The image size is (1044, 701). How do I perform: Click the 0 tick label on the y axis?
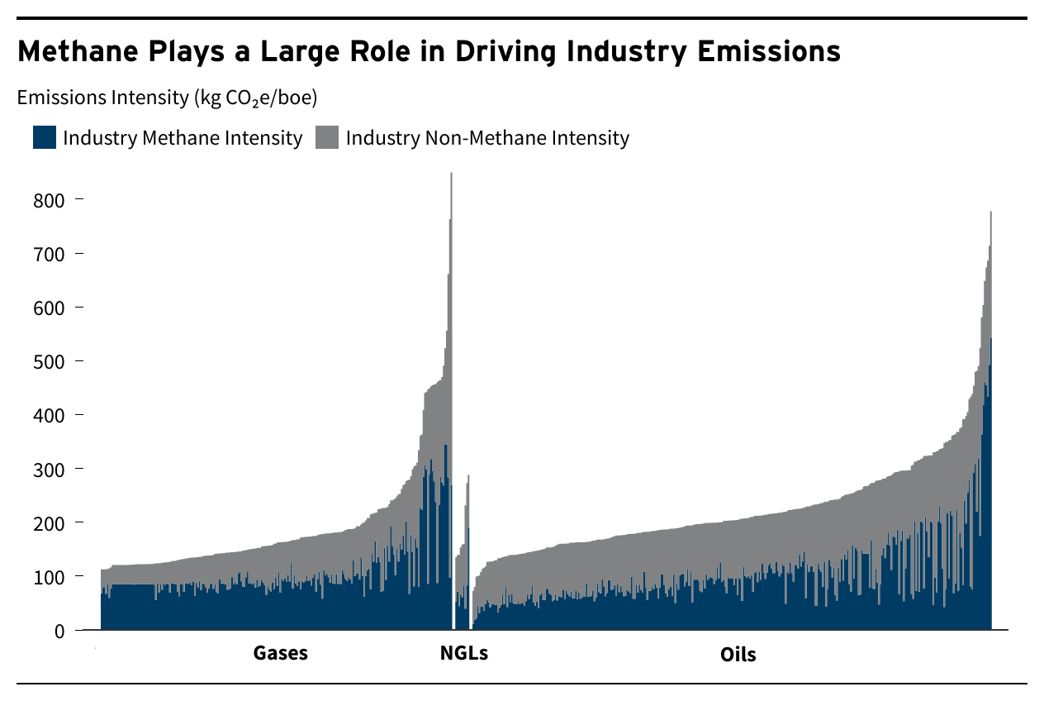click(x=59, y=631)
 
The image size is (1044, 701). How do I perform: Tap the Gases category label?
click(x=280, y=653)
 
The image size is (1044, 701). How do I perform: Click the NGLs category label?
click(x=463, y=653)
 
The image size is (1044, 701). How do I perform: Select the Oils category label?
click(x=738, y=655)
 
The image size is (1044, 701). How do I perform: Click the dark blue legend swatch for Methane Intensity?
click(x=45, y=137)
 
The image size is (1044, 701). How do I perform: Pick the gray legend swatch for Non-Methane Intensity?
click(x=327, y=137)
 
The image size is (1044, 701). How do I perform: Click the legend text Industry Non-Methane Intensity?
click(x=487, y=137)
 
